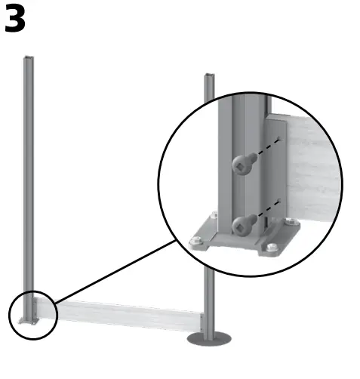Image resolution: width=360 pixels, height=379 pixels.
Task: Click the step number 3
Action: click(x=15, y=20)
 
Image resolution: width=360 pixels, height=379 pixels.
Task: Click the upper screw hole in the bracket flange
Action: click(x=279, y=139)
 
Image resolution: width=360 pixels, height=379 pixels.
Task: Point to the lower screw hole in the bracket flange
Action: click(x=280, y=202)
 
